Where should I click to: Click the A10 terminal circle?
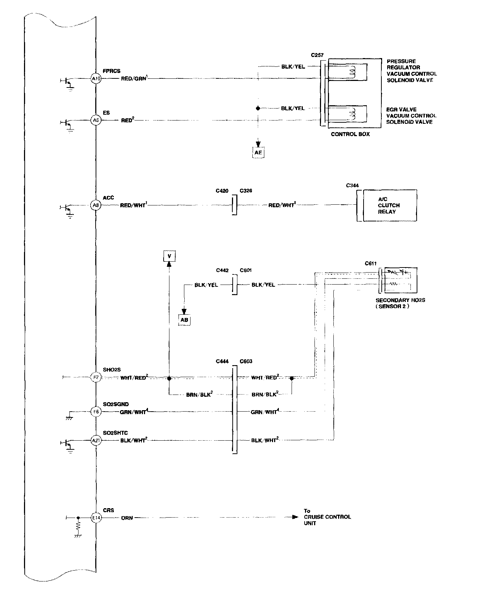(95, 78)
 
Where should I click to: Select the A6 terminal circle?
(95, 120)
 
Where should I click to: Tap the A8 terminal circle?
(95, 205)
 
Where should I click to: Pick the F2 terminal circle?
(96, 377)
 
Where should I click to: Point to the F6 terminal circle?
(96, 412)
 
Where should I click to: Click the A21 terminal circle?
(96, 441)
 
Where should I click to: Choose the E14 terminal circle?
(96, 518)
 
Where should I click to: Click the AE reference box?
(258, 153)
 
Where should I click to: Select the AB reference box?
(184, 320)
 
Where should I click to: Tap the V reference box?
(169, 256)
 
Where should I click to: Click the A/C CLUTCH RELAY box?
(387, 205)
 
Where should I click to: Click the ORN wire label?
(127, 518)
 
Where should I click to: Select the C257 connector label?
(317, 55)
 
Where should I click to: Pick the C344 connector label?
(352, 185)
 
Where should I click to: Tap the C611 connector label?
(371, 264)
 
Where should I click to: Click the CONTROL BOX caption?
(350, 134)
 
